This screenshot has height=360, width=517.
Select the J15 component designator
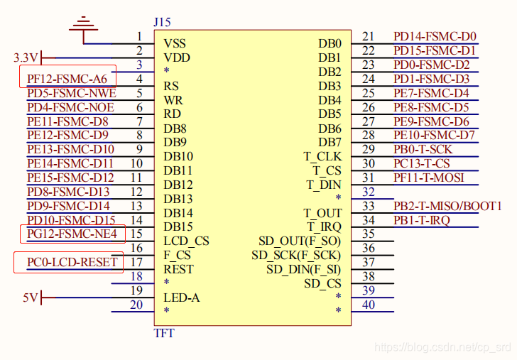[x=162, y=22]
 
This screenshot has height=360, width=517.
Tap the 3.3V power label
[x=26, y=58]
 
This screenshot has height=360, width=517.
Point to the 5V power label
[x=30, y=298]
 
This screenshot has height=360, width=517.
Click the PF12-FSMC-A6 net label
[x=67, y=79]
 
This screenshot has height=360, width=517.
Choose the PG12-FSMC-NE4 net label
[x=72, y=234]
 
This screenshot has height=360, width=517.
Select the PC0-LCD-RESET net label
[x=72, y=262]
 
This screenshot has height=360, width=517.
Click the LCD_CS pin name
[x=186, y=241]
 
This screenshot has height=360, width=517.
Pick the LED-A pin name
[x=182, y=298]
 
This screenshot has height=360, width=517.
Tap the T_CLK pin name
[x=322, y=156]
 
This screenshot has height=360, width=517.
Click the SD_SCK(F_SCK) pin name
[x=296, y=256]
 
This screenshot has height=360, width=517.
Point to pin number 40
[x=369, y=305]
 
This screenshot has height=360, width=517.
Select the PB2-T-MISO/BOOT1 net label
[x=447, y=206]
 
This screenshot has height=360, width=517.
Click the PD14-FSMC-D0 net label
[x=435, y=36]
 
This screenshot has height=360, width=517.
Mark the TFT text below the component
[x=164, y=333]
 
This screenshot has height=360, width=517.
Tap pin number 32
[x=369, y=192]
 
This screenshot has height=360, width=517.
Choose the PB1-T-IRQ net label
[x=422, y=220]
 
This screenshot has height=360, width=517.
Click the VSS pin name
[x=175, y=43]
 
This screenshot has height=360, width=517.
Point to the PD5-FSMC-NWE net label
[x=72, y=93]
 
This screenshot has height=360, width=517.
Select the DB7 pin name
[x=330, y=142]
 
